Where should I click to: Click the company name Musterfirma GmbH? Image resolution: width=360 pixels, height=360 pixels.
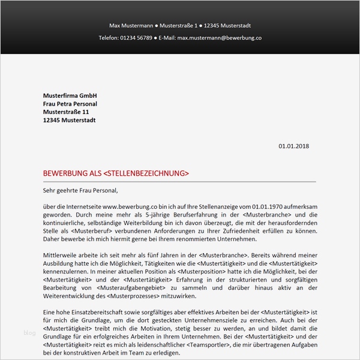tap(70, 96)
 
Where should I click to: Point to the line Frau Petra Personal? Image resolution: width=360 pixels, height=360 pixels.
tap(70, 104)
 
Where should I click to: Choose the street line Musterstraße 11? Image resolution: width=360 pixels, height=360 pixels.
tap(66, 112)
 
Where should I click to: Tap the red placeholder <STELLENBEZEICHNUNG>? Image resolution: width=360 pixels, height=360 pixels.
tap(146, 173)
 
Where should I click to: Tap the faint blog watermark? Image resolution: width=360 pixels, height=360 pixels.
tap(29, 334)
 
